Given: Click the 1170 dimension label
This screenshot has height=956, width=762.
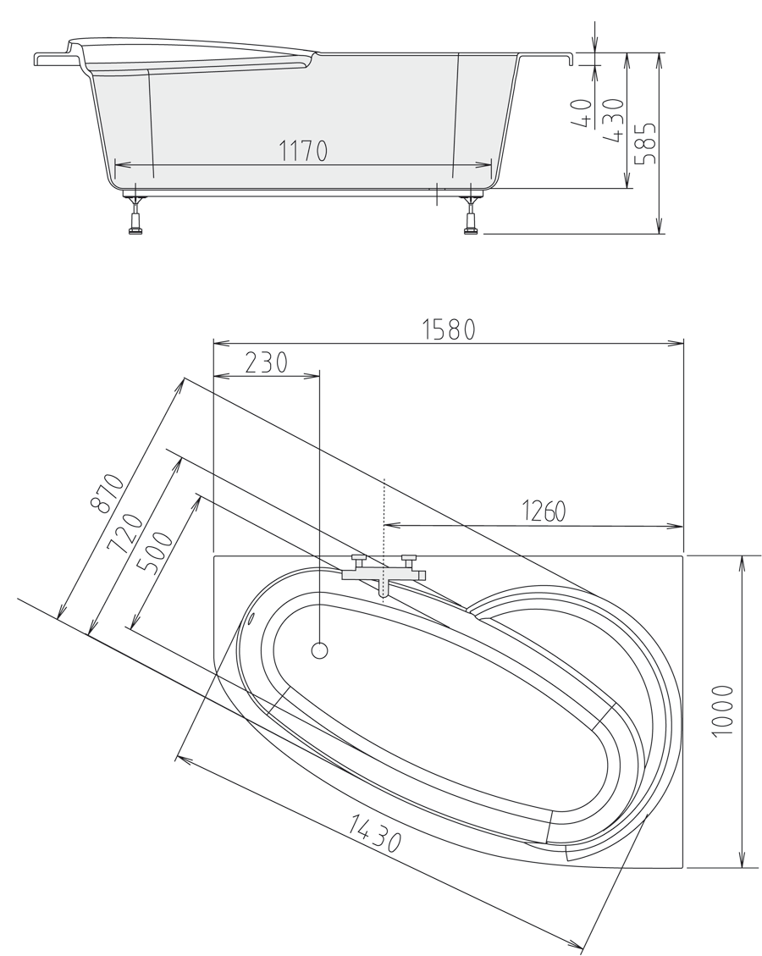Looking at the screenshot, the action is click(303, 151).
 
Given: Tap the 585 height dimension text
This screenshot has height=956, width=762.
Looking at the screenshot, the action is click(646, 143).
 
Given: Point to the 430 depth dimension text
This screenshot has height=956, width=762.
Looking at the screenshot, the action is click(613, 120).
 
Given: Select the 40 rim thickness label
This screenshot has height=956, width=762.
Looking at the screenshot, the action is click(583, 114).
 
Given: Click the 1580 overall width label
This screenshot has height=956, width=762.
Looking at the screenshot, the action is click(449, 330).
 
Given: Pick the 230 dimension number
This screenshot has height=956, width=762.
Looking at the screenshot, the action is click(266, 362).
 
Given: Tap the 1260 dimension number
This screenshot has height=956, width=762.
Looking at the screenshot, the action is click(544, 511).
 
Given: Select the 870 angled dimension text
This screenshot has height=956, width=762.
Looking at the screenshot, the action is click(108, 493).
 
